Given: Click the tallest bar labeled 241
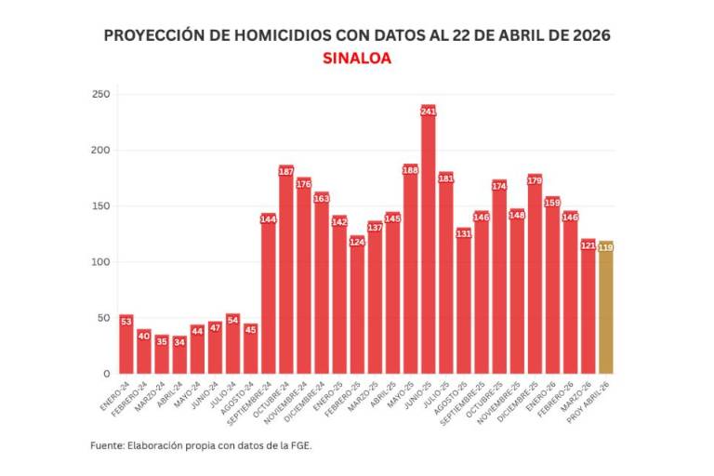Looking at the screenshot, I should tap(428, 242).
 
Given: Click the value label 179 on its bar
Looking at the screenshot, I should tap(535, 180).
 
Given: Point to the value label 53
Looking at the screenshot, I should tap(126, 321).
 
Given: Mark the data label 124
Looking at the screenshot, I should tap(357, 242).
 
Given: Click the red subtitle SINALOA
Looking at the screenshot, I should tap(356, 58).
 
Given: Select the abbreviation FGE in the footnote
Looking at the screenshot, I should tap(300, 445).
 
